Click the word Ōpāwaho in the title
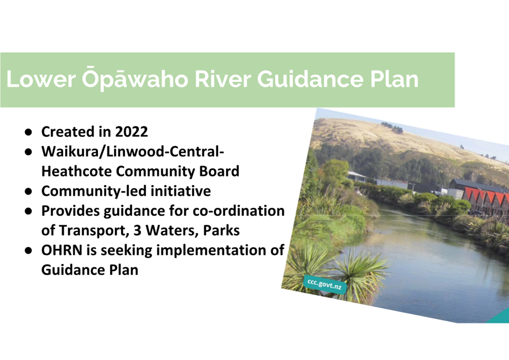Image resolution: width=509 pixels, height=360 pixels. (x=135, y=80)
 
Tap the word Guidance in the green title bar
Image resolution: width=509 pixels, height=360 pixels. (x=310, y=79)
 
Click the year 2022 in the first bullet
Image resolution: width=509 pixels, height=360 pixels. (x=131, y=132)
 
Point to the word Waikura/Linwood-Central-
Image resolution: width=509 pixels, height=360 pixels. (x=133, y=152)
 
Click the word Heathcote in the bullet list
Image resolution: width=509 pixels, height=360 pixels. (x=76, y=171)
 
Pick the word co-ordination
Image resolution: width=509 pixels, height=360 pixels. (x=239, y=211)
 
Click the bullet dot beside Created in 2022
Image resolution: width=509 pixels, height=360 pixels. (x=28, y=132)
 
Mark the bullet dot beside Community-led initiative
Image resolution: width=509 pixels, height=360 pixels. (x=28, y=191)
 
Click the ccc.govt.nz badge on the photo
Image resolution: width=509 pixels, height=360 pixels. (x=325, y=284)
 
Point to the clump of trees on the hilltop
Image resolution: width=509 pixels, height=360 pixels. (x=392, y=127)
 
